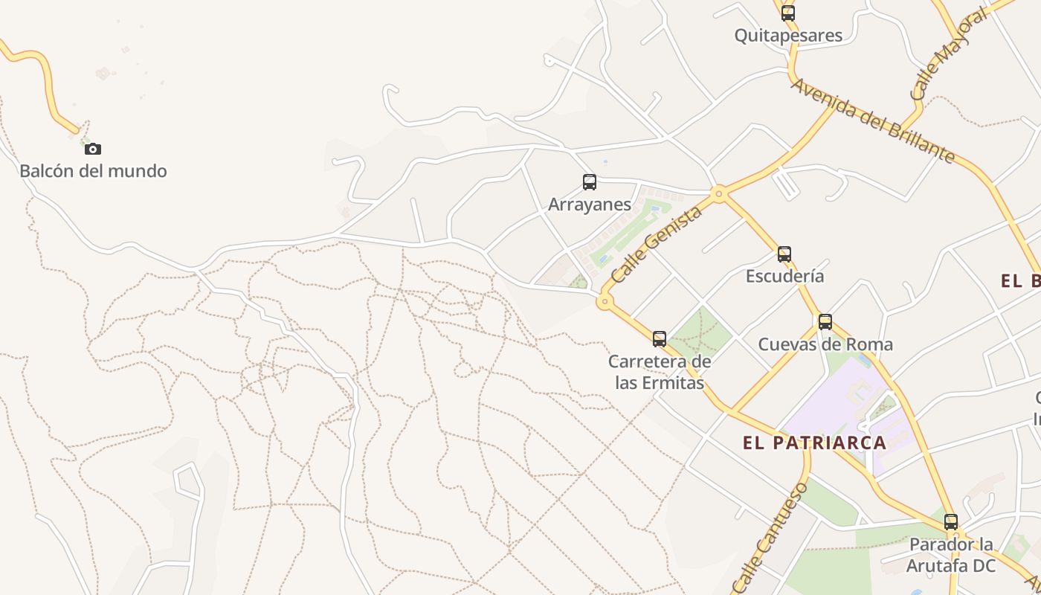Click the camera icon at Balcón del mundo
pos(93,149)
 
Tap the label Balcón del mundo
pos(93,171)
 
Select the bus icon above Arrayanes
pos(590,182)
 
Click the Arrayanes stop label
pos(590,205)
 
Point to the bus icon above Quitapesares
pos(788,13)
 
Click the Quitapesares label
pos(788,35)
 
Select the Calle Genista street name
pos(657,245)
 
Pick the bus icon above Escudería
pos(784,254)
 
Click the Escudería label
pos(784,276)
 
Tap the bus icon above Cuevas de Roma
pos(825,322)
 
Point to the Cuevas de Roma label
pos(825,344)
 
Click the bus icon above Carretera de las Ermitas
pos(660,339)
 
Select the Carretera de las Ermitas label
pos(660,373)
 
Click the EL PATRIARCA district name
pos(814,443)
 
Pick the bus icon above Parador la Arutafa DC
pos(951,522)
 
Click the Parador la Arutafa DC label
pos(951,555)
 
